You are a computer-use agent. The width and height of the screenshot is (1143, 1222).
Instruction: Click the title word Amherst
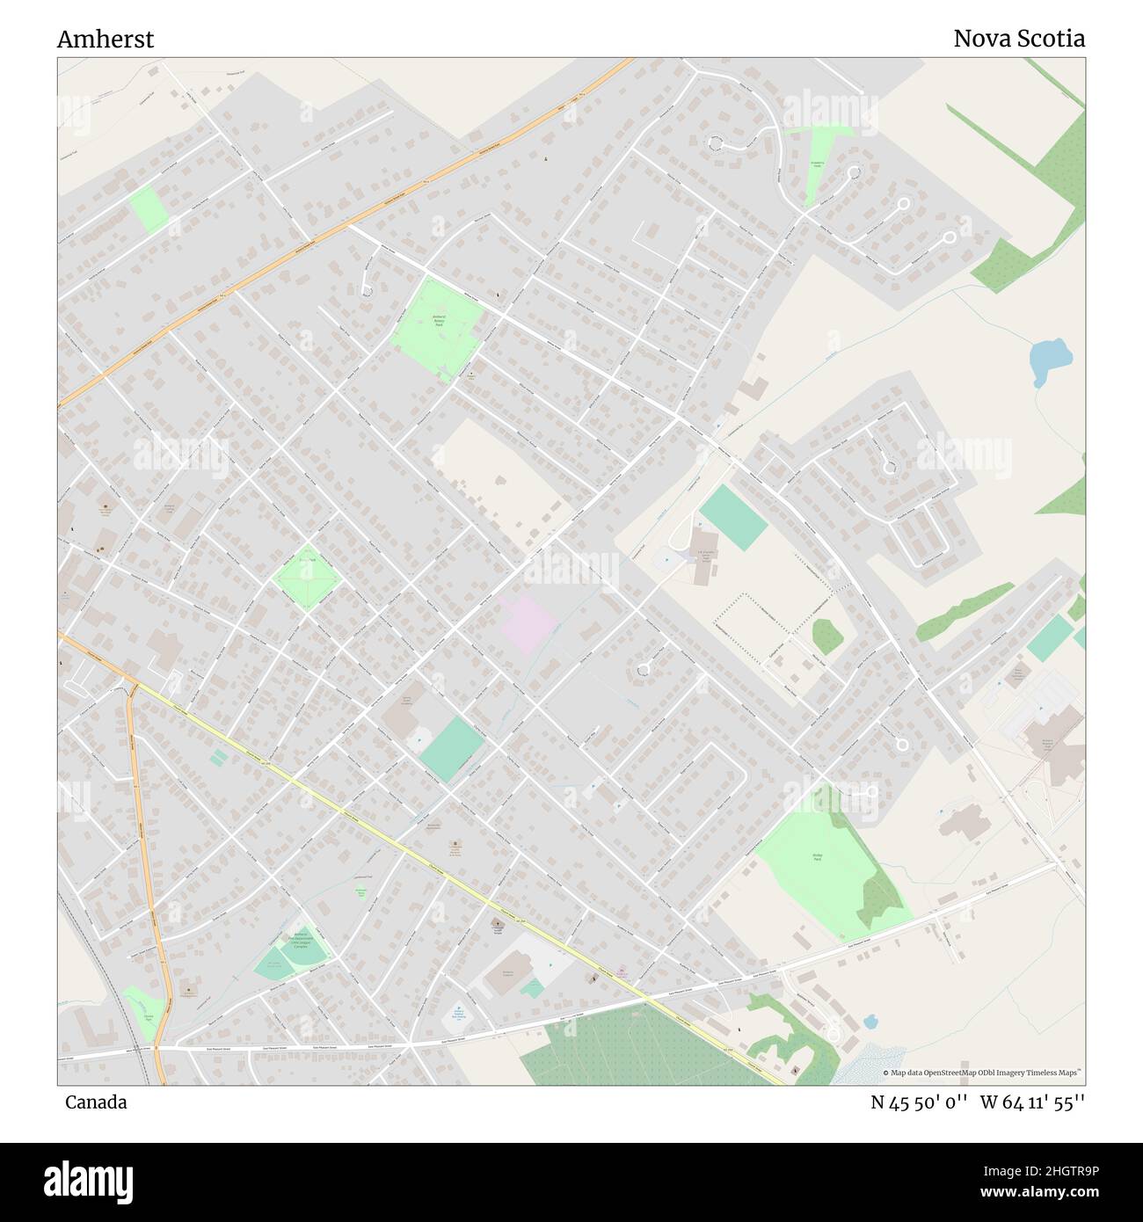tap(105, 40)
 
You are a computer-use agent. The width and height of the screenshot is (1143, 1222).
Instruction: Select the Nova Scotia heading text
tap(1018, 39)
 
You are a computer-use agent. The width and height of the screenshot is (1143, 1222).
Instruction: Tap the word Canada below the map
tap(95, 1102)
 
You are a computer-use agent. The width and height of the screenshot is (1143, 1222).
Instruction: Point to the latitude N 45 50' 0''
tap(919, 1102)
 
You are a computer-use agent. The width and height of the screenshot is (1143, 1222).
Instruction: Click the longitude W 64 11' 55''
tap(1032, 1102)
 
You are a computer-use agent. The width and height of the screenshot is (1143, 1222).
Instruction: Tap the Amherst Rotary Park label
tap(438, 320)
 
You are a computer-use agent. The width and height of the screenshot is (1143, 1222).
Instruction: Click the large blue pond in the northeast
tap(1050, 359)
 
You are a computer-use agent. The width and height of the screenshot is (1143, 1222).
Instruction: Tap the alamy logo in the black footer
tap(88, 1181)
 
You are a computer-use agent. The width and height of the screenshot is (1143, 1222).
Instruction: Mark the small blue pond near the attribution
tap(870, 1022)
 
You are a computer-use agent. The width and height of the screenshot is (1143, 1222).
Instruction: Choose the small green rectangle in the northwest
tap(149, 209)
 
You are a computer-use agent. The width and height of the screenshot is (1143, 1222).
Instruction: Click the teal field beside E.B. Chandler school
tap(733, 517)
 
